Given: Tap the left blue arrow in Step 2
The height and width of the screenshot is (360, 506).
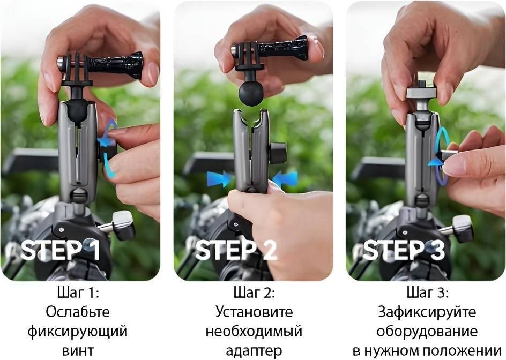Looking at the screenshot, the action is [219, 179].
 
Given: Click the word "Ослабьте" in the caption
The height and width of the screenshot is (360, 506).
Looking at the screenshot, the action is [77, 312].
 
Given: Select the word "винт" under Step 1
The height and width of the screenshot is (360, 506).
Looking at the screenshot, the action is [78, 350].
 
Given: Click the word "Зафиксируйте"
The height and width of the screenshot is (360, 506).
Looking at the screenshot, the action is [427, 312].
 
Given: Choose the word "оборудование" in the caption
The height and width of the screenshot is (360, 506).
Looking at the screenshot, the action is [427, 332].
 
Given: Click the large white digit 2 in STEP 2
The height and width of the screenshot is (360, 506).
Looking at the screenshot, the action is [268, 250].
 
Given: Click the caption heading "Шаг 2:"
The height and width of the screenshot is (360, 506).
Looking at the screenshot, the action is [254, 293].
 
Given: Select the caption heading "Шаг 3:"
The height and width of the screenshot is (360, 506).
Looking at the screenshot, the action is [427, 293].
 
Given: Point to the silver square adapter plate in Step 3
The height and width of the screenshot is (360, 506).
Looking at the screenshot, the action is [421, 93].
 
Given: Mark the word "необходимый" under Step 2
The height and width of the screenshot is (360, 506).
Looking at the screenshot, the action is [254, 332].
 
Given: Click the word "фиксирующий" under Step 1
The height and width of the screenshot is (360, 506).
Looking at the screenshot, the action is [77, 332].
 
